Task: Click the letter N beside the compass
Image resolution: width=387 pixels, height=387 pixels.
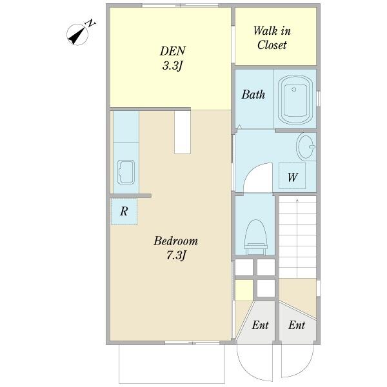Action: pos(90,23)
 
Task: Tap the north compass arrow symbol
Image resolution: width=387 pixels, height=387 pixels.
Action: pos(77,35)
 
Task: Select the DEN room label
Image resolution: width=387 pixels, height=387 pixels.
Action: pos(172,51)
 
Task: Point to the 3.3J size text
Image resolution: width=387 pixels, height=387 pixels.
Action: pos(172,66)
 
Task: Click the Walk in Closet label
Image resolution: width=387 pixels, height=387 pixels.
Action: pos(272,38)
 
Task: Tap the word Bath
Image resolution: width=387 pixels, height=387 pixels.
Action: pos(253,95)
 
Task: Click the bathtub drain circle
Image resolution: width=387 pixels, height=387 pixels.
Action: pos(293,90)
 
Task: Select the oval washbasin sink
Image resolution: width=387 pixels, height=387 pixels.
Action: pos(306,146)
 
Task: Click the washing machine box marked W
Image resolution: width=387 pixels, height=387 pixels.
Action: pos(292,175)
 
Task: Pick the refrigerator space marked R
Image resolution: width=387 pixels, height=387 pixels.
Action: pos(124,212)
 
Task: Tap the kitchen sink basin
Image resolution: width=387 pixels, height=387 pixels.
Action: pos(126,172)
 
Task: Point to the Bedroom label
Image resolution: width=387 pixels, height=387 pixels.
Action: pos(175,241)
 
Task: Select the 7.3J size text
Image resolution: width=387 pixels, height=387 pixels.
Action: pos(175,255)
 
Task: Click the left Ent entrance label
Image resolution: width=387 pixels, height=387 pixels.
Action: pos(260,325)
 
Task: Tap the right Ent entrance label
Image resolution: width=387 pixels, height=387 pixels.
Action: pos(297,325)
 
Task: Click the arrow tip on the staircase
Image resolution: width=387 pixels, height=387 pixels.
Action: pos(297,199)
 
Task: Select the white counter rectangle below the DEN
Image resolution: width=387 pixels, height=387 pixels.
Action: pos(183,132)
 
